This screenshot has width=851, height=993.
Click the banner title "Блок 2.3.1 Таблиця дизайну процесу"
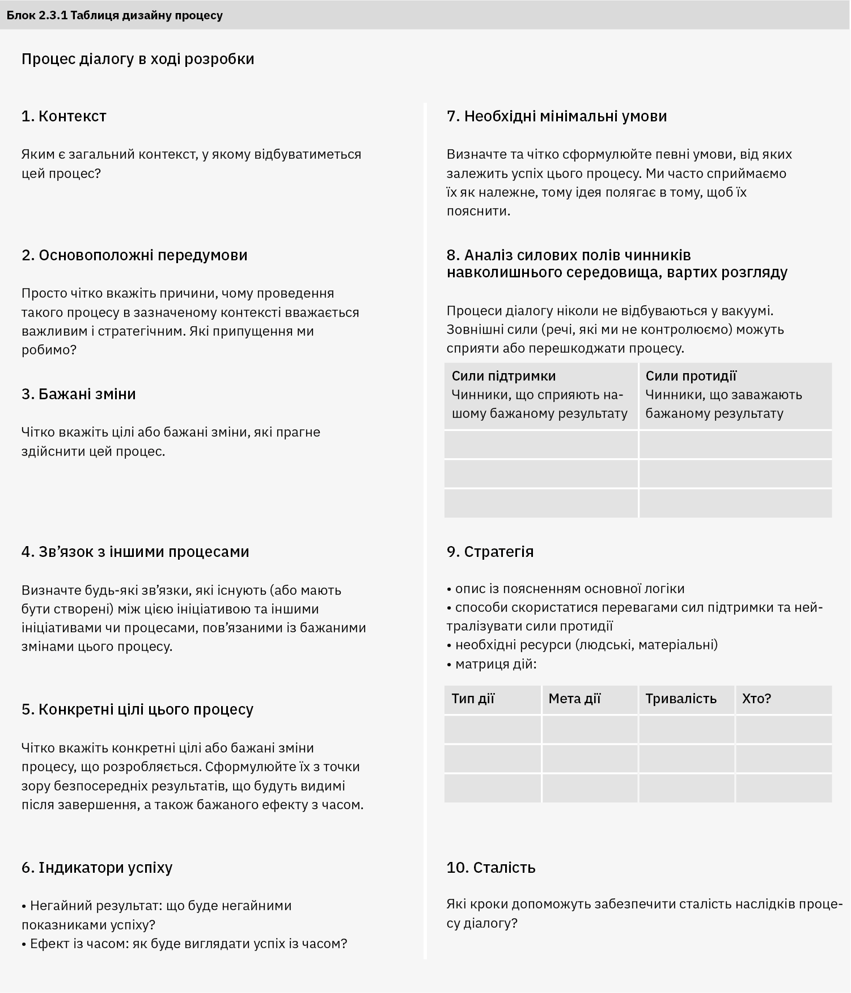point(115,15)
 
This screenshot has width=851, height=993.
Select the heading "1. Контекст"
point(64,116)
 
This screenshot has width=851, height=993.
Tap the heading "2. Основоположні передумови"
point(134,255)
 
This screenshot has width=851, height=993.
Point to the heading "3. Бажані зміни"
point(79,394)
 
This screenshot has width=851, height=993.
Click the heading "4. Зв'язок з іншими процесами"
point(136,552)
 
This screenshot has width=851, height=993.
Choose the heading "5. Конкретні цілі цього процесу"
point(137,709)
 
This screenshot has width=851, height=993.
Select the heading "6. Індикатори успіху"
point(97,868)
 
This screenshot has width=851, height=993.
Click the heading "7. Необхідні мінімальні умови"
point(557,116)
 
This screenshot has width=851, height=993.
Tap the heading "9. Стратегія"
point(490,552)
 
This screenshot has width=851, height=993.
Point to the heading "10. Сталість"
point(491,868)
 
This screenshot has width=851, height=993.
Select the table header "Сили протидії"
point(691,376)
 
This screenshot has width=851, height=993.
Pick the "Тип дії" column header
point(473,699)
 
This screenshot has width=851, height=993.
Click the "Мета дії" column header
point(574,699)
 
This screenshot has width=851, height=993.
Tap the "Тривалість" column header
point(681,699)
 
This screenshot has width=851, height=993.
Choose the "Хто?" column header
point(756,699)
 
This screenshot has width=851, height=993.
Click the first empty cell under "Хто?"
point(784,729)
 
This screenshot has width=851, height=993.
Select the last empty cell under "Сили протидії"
point(735,504)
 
